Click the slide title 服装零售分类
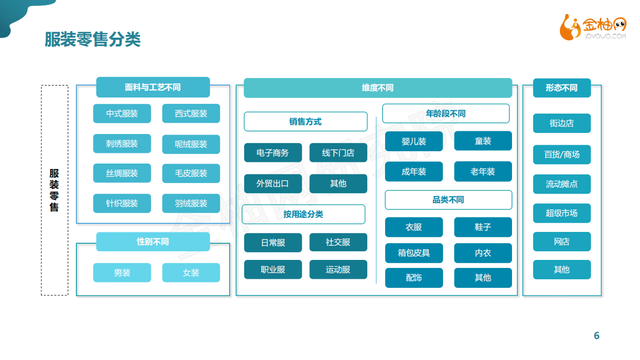(x=93, y=40)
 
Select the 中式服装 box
(x=122, y=114)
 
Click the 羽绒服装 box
(x=191, y=203)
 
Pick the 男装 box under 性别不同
(x=122, y=273)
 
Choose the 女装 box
(x=191, y=273)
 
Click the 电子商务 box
(x=273, y=153)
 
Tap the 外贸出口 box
(x=273, y=183)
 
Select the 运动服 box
(x=338, y=270)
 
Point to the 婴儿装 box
(x=414, y=142)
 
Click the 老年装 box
(x=482, y=172)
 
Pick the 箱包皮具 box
(x=414, y=253)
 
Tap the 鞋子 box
(x=482, y=227)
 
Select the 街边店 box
(x=561, y=123)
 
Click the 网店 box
(x=561, y=242)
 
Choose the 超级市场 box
(x=561, y=213)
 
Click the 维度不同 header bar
(x=378, y=88)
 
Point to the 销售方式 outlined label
(x=305, y=122)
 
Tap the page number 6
(x=596, y=336)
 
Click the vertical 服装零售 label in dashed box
(x=54, y=190)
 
